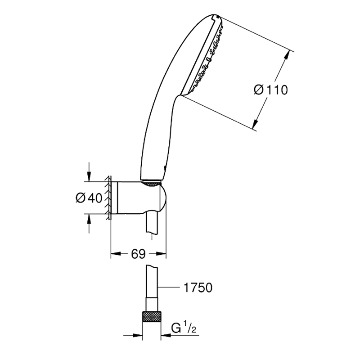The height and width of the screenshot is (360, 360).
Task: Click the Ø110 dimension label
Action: tap(271, 90)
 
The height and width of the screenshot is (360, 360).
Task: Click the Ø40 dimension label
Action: tap(89, 198)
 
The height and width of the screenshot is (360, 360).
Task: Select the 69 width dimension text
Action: tap(139, 254)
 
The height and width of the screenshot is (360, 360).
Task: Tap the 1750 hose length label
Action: tap(198, 288)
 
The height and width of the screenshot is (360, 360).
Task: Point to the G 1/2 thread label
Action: tap(184, 329)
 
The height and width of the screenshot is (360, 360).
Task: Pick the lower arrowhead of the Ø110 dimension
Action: tap(255, 123)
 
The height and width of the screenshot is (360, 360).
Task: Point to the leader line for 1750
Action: tap(168, 287)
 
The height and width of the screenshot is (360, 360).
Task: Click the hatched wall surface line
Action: tap(109, 198)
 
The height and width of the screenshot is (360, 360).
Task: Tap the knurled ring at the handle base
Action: tap(152, 183)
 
